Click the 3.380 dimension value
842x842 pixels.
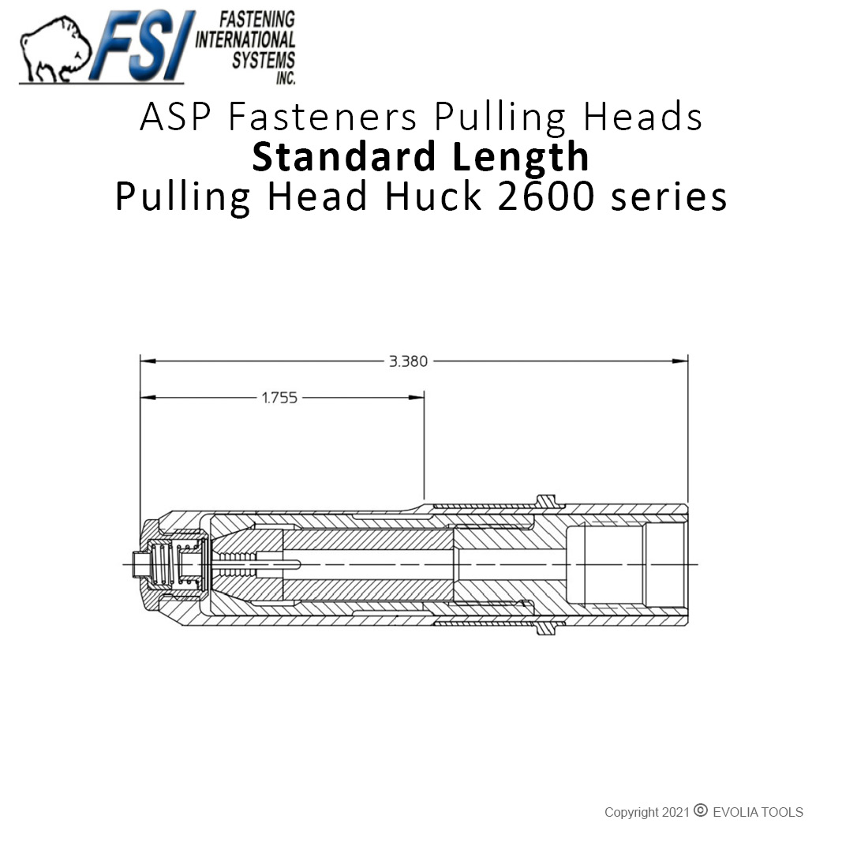click(x=408, y=361)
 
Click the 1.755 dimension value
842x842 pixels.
click(x=279, y=398)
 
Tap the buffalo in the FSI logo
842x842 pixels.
click(x=54, y=50)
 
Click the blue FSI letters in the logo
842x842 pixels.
click(x=142, y=46)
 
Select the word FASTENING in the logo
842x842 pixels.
click(x=256, y=19)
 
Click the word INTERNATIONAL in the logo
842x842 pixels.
click(x=245, y=39)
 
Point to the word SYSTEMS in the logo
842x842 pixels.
click(x=263, y=60)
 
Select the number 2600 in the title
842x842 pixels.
click(x=545, y=196)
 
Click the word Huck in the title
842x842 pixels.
click(x=433, y=196)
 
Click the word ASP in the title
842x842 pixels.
click(x=175, y=117)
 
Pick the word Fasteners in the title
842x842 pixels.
click(x=322, y=117)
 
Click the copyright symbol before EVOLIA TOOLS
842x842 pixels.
click(x=700, y=810)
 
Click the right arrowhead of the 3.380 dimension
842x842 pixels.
click(x=680, y=361)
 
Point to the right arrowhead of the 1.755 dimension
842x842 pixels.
click(x=416, y=398)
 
